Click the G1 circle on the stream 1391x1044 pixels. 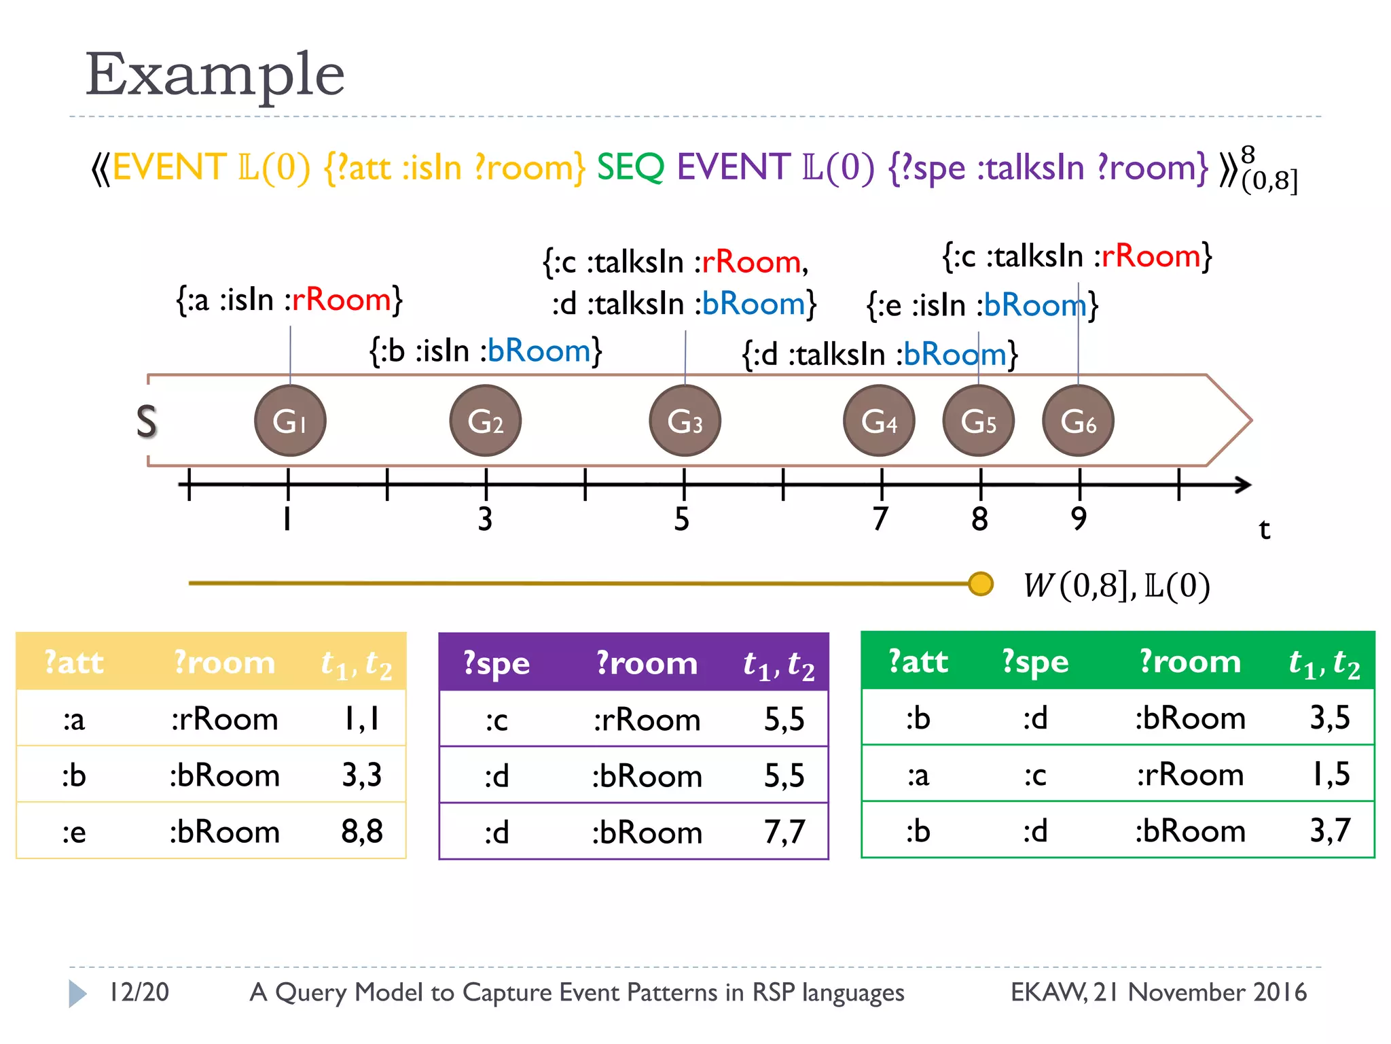290,421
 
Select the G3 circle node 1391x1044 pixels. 685,421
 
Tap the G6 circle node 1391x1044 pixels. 1078,421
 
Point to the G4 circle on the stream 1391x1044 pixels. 879,421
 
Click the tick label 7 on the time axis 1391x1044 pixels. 880,519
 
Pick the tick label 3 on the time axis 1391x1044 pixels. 485,519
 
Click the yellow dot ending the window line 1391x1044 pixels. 980,583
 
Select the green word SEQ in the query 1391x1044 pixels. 630,167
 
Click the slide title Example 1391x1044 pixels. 215,74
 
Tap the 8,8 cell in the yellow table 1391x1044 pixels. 362,831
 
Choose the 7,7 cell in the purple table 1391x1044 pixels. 784,832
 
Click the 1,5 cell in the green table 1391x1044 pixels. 1330,774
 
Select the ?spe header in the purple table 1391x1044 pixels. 496,663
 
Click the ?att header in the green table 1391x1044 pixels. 918,661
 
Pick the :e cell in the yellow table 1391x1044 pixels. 74,832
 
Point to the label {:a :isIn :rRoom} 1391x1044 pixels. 289,300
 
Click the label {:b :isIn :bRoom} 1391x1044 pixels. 485,351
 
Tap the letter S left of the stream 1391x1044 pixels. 147,421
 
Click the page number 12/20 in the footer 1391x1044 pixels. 139,992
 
